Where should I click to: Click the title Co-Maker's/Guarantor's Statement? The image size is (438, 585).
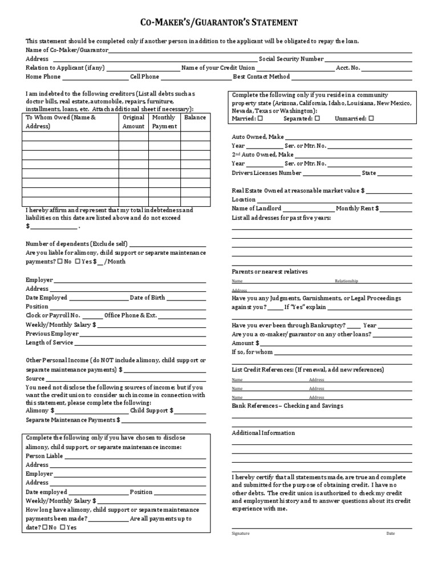point(219,22)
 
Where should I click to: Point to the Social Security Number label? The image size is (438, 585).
point(291,59)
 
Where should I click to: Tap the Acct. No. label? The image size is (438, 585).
point(348,67)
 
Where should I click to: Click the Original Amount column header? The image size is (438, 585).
point(133,122)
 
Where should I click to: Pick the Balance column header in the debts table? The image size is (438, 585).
point(195,117)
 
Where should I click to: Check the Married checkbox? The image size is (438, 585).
point(260,119)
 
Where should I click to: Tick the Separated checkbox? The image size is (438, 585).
point(318,119)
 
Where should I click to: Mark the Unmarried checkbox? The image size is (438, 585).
point(371,119)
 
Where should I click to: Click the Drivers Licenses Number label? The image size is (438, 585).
point(266,173)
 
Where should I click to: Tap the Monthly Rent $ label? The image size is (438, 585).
point(357,209)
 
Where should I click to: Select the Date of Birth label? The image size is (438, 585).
point(147,298)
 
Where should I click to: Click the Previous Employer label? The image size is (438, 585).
point(52,334)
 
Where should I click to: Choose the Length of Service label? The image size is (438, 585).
point(49,343)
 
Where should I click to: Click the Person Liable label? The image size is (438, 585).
point(44,456)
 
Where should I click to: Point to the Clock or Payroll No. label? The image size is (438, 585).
point(53,315)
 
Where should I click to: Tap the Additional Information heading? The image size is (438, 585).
point(263,433)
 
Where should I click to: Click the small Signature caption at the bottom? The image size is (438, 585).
point(240,534)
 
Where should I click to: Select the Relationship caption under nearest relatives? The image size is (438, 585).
point(346,282)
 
